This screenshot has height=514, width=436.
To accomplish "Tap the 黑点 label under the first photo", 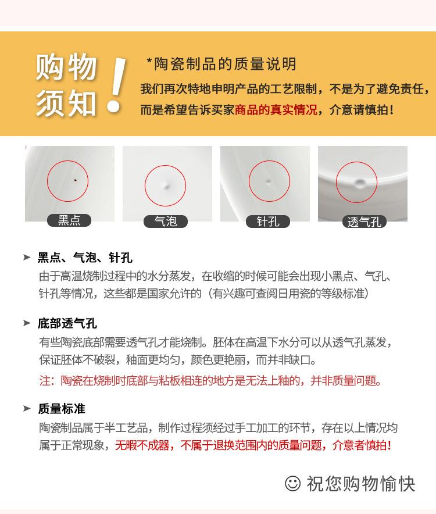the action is pos(69,220).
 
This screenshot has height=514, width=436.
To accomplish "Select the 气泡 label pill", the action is pos(166,222).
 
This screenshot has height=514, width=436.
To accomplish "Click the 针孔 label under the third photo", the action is pos(268,222).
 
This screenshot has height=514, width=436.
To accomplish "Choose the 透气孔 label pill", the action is pos(364,222).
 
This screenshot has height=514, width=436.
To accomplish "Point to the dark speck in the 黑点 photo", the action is pos(75,180).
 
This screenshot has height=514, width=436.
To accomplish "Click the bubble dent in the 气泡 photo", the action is pos(167,186).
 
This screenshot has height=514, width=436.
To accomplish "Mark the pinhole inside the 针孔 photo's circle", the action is pos(268,181).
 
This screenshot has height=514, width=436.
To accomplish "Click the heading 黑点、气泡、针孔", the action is pos(85,258).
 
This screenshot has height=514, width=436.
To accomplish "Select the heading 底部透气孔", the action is pos(67,323).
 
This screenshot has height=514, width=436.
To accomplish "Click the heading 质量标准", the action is pos(61,409).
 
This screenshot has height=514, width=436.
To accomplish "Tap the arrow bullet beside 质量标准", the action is pos(27,408).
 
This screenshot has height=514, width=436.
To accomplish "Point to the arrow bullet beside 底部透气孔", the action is pos(27,323).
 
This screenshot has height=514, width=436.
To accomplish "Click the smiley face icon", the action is pos(293,484).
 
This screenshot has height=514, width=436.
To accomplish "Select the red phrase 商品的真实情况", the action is pos(276,110).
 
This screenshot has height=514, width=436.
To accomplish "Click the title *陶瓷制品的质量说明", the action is pos(221,64).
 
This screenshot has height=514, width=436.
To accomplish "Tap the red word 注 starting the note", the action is pos(45,381).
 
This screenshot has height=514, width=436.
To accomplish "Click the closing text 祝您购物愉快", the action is pos(361,484).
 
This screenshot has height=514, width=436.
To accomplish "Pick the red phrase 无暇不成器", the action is pos(142,445).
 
